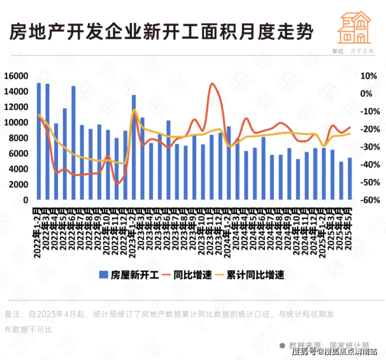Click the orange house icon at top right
[354, 27]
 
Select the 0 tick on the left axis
[25, 200]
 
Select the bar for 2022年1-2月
[39, 141]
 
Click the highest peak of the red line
[212, 83]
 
